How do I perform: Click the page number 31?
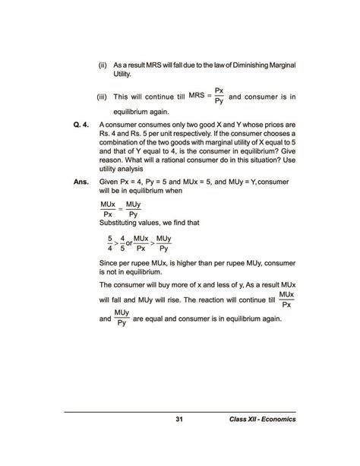tap(179, 420)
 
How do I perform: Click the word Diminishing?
tap(242, 65)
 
